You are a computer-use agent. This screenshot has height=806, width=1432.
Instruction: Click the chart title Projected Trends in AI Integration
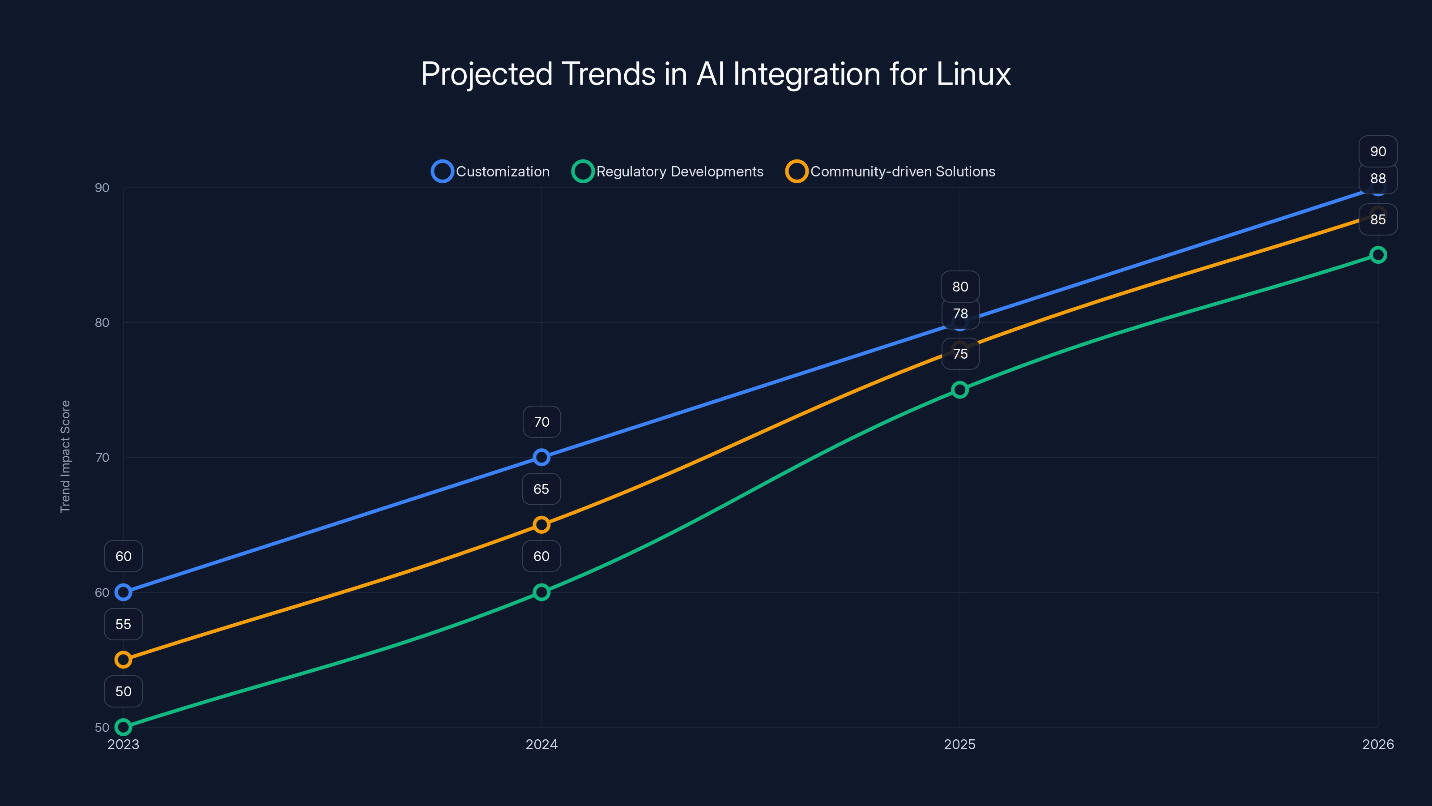pyautogui.click(x=716, y=74)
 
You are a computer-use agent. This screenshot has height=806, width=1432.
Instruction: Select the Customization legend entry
pyautogui.click(x=491, y=171)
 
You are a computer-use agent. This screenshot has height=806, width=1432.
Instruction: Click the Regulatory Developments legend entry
pyautogui.click(x=668, y=171)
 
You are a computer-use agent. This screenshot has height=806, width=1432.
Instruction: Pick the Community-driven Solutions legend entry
pyautogui.click(x=891, y=171)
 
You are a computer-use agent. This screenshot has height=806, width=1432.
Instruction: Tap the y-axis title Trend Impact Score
pyautogui.click(x=66, y=456)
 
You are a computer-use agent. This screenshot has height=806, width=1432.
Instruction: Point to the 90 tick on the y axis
pyautogui.click(x=102, y=188)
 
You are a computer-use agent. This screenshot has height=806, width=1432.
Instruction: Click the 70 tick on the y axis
pyautogui.click(x=102, y=457)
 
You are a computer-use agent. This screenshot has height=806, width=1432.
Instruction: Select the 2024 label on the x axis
pyautogui.click(x=541, y=744)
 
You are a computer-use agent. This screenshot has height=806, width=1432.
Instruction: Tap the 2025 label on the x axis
pyautogui.click(x=959, y=744)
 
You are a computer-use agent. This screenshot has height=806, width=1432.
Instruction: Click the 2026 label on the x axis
pyautogui.click(x=1377, y=744)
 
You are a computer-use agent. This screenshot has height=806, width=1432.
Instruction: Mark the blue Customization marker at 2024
pyautogui.click(x=541, y=457)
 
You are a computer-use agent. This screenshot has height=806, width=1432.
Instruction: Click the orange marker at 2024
pyautogui.click(x=541, y=524)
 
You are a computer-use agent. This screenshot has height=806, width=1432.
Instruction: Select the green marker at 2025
pyautogui.click(x=959, y=390)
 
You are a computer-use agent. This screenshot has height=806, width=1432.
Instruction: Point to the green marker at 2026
pyautogui.click(x=1377, y=255)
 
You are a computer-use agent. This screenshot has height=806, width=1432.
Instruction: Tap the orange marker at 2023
pyautogui.click(x=124, y=660)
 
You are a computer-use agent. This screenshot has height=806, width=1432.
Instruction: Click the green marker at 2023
pyautogui.click(x=124, y=727)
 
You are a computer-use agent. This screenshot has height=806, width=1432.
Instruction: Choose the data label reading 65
pyautogui.click(x=541, y=489)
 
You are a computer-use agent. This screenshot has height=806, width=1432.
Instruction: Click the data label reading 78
pyautogui.click(x=960, y=314)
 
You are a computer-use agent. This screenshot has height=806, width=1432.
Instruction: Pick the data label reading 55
pyautogui.click(x=124, y=624)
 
